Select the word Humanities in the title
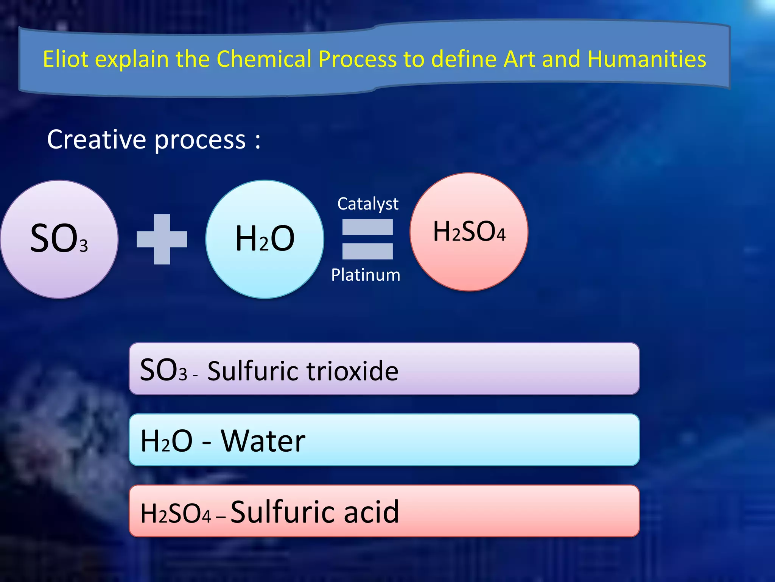click(647, 59)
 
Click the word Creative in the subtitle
click(96, 139)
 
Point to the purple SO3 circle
click(59, 239)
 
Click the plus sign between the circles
click(162, 239)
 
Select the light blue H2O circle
click(265, 239)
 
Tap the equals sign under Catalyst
click(367, 239)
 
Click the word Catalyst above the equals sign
click(367, 204)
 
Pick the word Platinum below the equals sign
click(366, 275)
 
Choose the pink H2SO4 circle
click(469, 232)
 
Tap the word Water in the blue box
click(263, 441)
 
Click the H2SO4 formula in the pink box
click(175, 513)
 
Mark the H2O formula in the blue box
click(167, 441)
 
